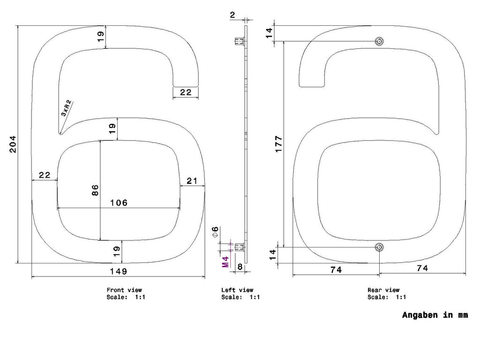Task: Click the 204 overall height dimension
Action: point(13,144)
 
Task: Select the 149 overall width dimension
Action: point(119,271)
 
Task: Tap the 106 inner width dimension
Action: point(119,202)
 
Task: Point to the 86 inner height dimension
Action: point(95,190)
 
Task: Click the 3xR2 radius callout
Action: point(67,108)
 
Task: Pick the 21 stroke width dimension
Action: point(192,181)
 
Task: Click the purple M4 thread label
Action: point(225,262)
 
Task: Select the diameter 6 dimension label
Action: point(215,232)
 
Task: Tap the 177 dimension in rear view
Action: point(278,144)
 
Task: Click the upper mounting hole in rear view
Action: point(379,41)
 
